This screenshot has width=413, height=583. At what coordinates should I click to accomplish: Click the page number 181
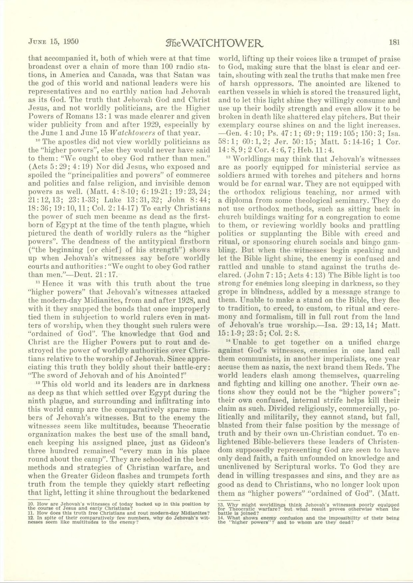tap(394, 41)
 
